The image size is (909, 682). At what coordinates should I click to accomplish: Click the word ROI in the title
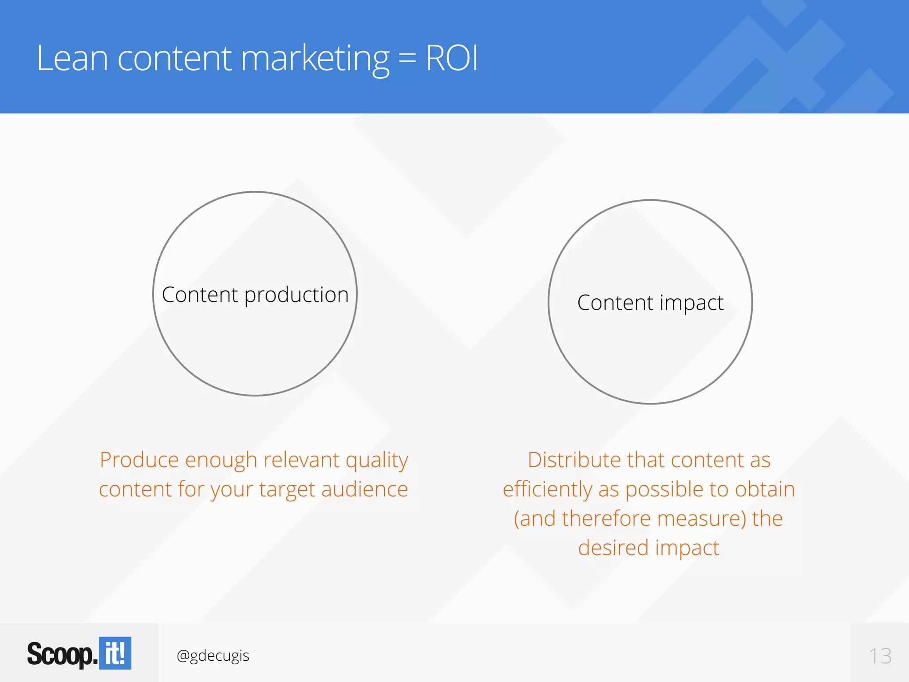(x=452, y=58)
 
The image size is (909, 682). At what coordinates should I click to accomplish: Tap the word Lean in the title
(x=72, y=58)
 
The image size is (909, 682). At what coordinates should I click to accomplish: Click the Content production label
(x=255, y=295)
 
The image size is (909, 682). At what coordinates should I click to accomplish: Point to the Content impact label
(x=650, y=303)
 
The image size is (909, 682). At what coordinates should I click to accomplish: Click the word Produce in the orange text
(x=139, y=460)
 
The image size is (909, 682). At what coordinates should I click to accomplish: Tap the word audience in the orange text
(x=364, y=489)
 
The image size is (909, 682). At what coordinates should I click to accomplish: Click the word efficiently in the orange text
(x=547, y=490)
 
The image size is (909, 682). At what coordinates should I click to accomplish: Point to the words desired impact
(x=648, y=548)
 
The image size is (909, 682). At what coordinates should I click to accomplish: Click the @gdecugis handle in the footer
(x=213, y=655)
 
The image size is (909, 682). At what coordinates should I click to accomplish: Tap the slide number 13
(x=880, y=656)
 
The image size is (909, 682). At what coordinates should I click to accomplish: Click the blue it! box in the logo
(x=115, y=653)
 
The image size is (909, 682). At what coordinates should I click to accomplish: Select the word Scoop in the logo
(x=60, y=654)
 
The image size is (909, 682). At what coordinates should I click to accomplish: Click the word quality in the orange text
(x=376, y=460)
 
